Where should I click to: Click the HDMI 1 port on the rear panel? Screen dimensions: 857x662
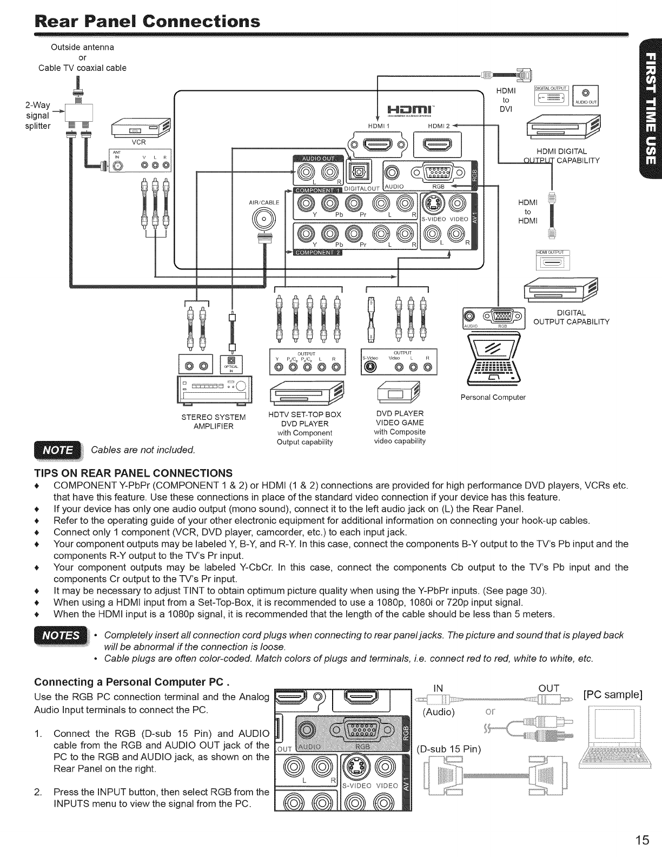(375, 145)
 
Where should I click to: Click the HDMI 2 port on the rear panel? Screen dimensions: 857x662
(438, 145)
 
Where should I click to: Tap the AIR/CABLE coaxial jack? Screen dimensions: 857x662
(263, 219)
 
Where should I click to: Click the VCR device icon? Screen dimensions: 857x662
(140, 130)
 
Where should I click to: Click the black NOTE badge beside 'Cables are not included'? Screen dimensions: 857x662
(57, 450)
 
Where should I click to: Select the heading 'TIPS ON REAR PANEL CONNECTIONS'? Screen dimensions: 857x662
(133, 472)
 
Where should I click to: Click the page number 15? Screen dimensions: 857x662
(641, 840)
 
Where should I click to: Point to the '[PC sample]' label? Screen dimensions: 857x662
(612, 694)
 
